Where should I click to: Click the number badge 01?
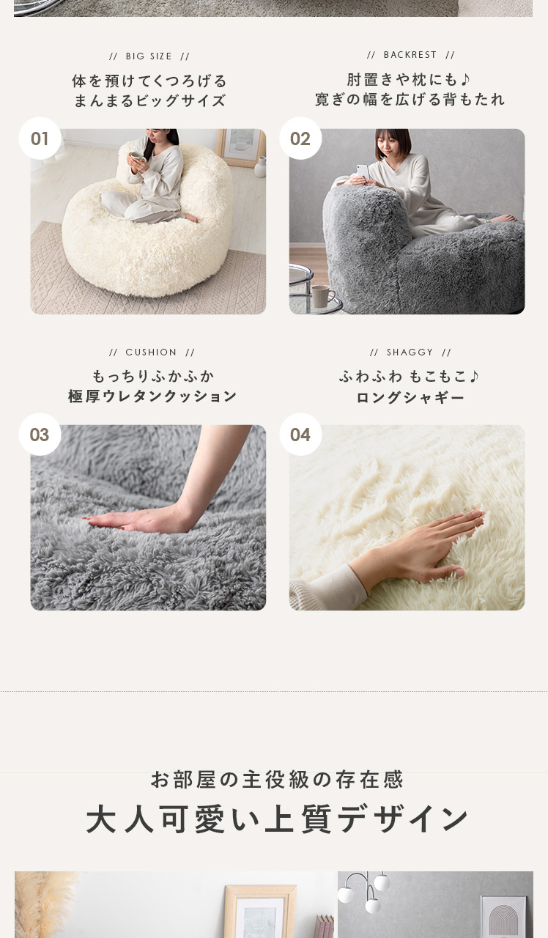tap(40, 139)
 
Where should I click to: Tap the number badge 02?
tap(300, 139)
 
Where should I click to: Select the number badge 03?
tap(40, 435)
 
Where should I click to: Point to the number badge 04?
tap(300, 435)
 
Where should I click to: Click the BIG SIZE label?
tap(149, 56)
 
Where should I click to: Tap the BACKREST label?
tap(410, 55)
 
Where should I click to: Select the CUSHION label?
tap(152, 352)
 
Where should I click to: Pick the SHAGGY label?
tap(410, 352)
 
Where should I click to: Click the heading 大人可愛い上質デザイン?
tap(276, 818)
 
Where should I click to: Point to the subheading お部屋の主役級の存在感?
tap(277, 779)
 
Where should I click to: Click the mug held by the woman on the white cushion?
tap(137, 157)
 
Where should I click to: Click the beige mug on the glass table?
tap(322, 296)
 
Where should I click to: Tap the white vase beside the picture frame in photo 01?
tap(260, 166)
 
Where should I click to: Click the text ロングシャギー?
tap(410, 397)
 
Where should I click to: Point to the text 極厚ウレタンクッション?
tap(152, 396)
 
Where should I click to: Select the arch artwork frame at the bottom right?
tap(503, 916)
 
